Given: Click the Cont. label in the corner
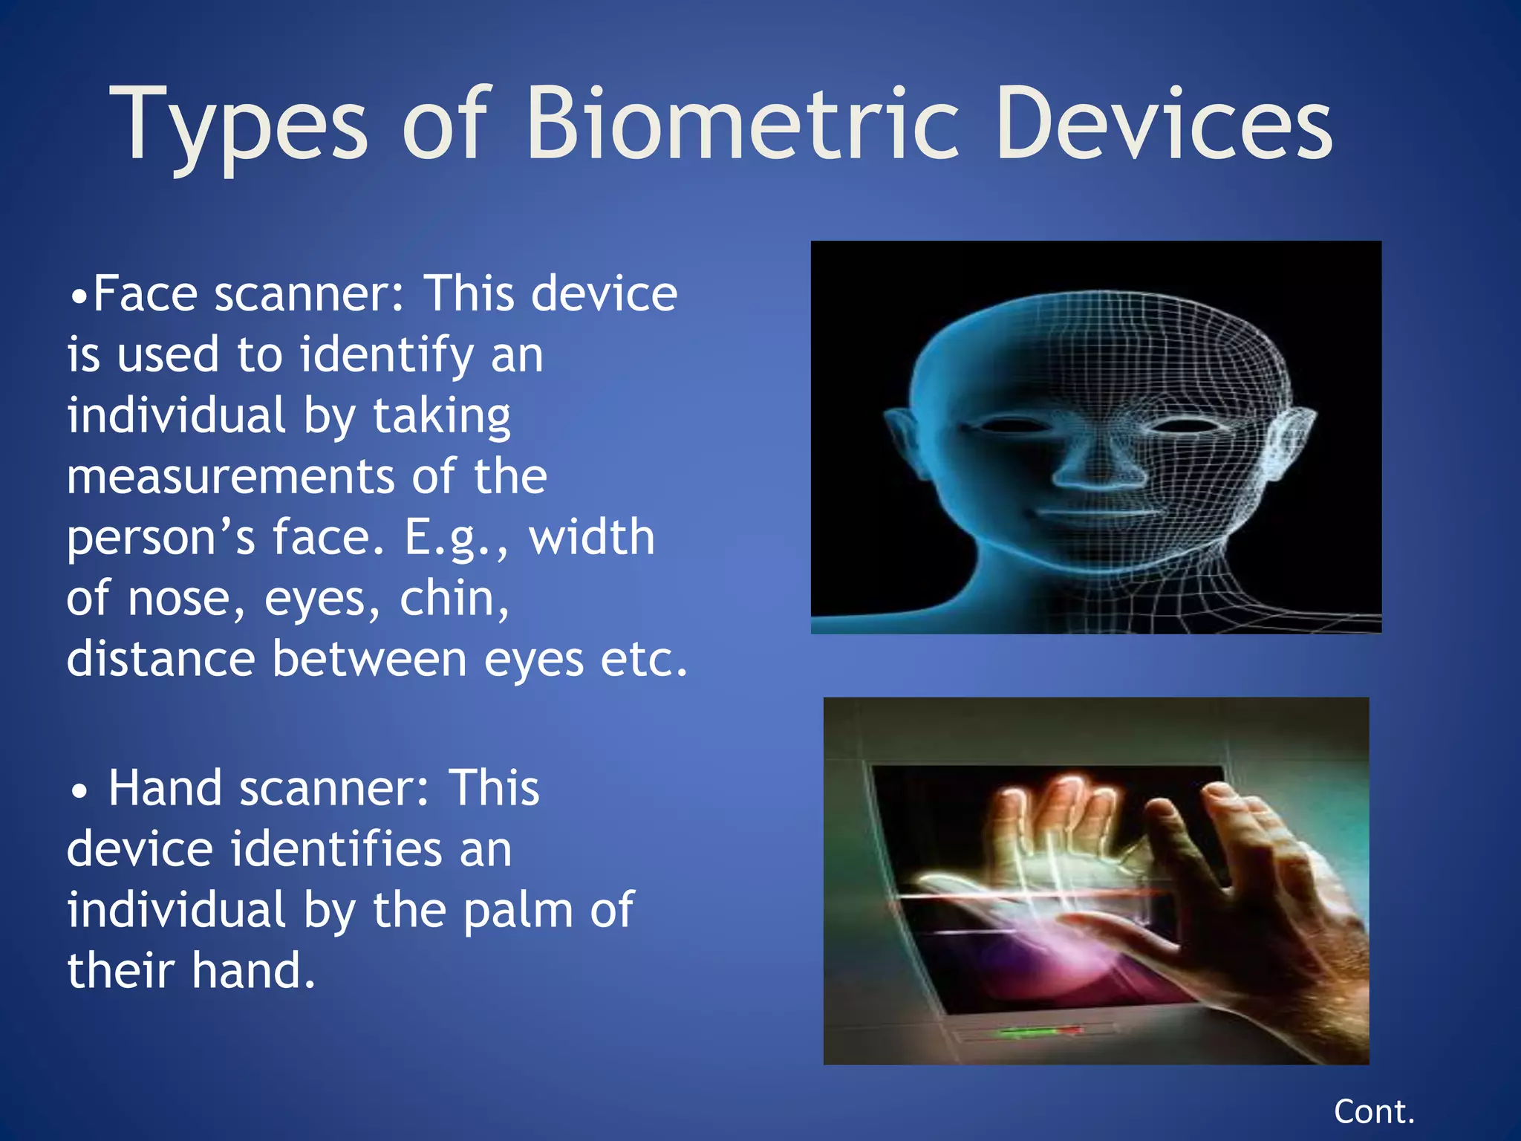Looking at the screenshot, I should click(x=1374, y=1112).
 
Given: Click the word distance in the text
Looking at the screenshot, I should click(x=160, y=660).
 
